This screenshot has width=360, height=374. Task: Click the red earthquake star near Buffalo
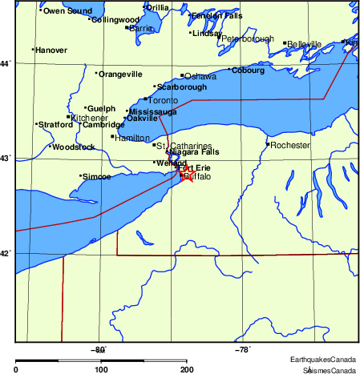coord(187,173)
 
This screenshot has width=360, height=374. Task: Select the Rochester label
coord(289,146)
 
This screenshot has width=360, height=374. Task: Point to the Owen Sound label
coord(67,11)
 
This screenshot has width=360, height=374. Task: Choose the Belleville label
coord(305,44)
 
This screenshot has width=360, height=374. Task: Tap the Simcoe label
coord(97,176)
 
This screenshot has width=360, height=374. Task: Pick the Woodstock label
coord(74,147)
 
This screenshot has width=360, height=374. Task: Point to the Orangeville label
coord(120,74)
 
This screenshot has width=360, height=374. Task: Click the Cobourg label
coord(248,70)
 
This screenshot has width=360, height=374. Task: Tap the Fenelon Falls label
coord(216,15)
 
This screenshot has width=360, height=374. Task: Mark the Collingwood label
coord(115,19)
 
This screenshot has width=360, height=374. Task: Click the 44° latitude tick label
coord(6,63)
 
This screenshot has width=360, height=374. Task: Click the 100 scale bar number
coord(101,369)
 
